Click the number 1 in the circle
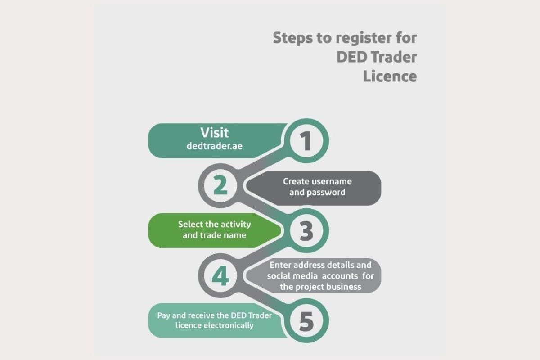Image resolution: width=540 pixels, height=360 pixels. (306, 141)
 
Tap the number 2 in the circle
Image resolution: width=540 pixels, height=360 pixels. (220, 186)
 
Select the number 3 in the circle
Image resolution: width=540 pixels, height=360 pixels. (306, 231)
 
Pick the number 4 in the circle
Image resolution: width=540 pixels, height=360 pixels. (220, 276)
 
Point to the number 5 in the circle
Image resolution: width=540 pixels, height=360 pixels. (306, 321)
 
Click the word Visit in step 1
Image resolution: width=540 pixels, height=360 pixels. (215, 133)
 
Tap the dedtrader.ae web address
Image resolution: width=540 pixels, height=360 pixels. (215, 146)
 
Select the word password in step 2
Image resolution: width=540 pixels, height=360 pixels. (326, 193)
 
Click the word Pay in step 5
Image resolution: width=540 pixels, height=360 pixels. (163, 315)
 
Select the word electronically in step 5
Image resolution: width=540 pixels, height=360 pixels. (227, 325)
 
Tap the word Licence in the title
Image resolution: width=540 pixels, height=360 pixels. (390, 76)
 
